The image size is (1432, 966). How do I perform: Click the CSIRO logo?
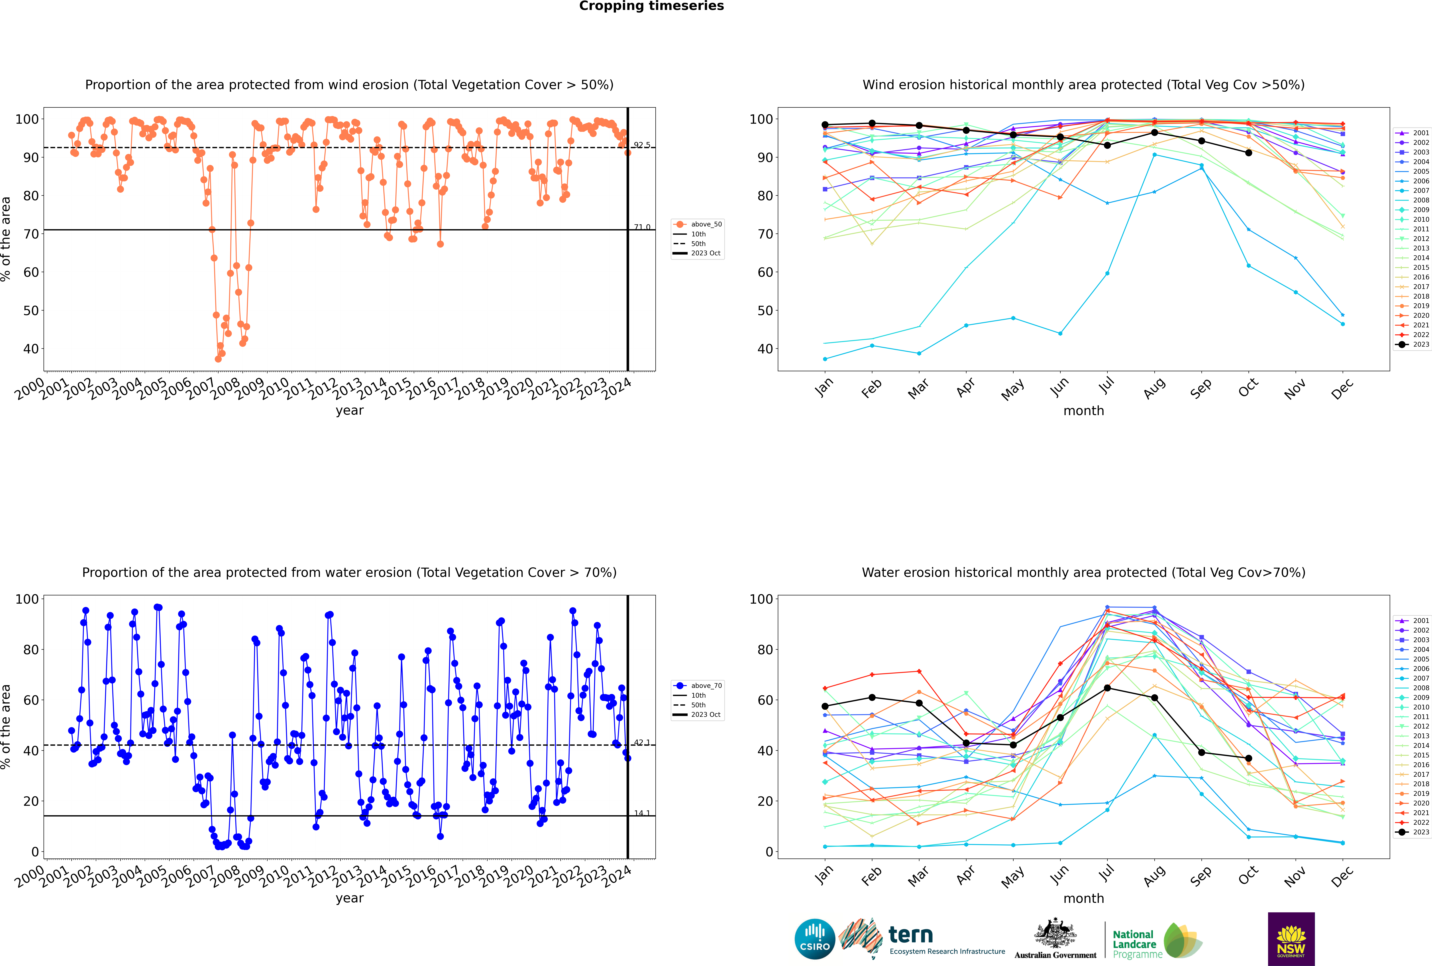[x=814, y=939]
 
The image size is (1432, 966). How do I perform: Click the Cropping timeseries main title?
[x=651, y=6]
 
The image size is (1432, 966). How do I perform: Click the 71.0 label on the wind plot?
[x=642, y=227]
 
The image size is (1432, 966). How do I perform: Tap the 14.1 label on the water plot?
[x=642, y=813]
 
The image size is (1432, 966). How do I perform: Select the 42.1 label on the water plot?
[x=642, y=742]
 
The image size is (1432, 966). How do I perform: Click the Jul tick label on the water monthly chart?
[x=1106, y=874]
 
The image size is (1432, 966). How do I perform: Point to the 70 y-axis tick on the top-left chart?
[x=31, y=234]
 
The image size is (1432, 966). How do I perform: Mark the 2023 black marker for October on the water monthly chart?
[x=1249, y=758]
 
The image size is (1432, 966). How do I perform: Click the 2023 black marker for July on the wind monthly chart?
[x=1107, y=145]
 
